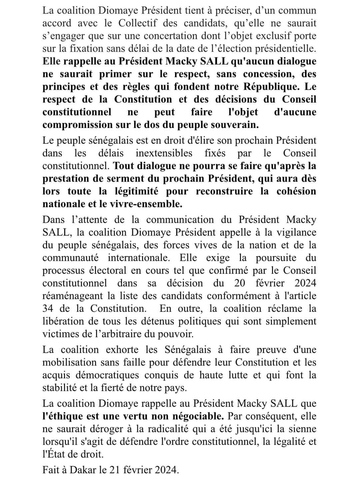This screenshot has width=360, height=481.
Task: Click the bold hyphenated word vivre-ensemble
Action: pyautogui.click(x=146, y=204)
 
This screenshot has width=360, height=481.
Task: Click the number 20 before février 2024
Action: pyautogui.click(x=240, y=283)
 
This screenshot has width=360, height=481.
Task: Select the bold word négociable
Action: pyautogui.click(x=198, y=416)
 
